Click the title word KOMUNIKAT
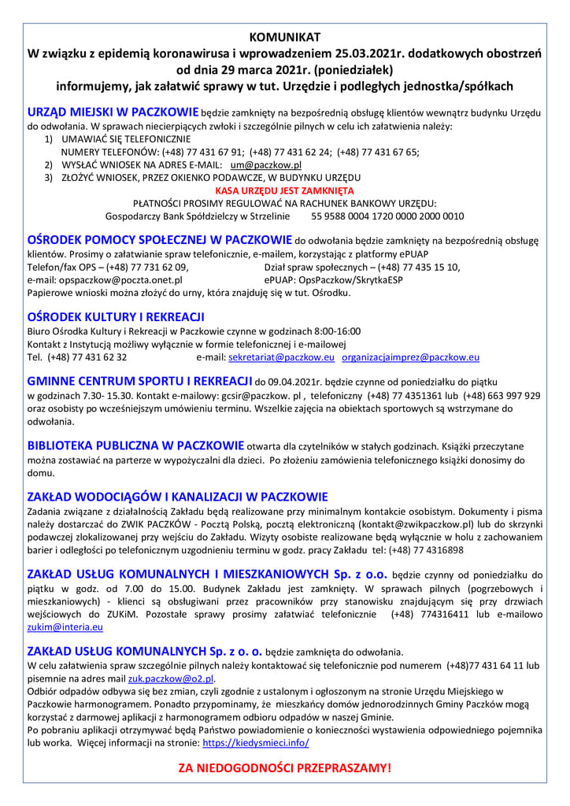pyautogui.click(x=284, y=37)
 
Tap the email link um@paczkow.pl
pyautogui.click(x=266, y=165)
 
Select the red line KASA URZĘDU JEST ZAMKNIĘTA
pyautogui.click(x=284, y=190)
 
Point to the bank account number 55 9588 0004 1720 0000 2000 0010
pyautogui.click(x=388, y=216)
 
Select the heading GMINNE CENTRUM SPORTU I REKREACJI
pyautogui.click(x=139, y=381)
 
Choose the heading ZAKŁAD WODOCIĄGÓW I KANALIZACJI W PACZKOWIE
pyautogui.click(x=178, y=497)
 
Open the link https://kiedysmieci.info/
pyautogui.click(x=256, y=742)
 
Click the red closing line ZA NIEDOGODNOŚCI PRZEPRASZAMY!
pyautogui.click(x=284, y=767)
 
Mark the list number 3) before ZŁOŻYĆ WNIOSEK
pyautogui.click(x=48, y=178)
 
